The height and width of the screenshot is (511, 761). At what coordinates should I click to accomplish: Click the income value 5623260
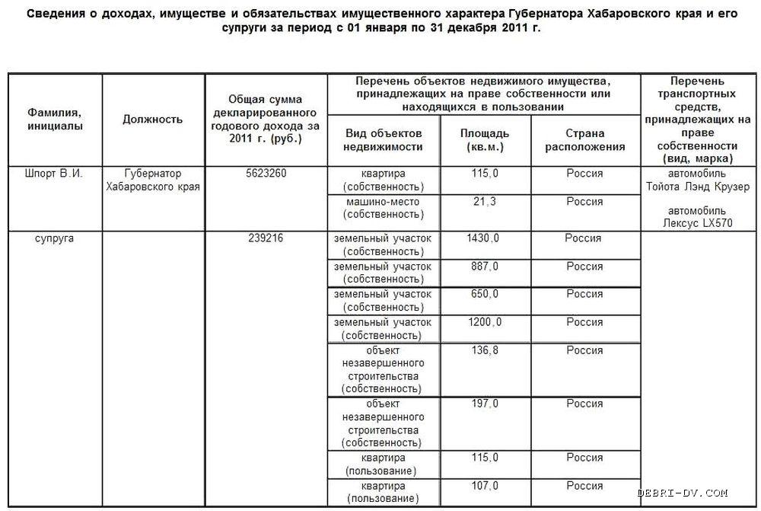click(266, 174)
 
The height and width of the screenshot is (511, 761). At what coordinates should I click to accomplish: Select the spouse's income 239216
click(266, 238)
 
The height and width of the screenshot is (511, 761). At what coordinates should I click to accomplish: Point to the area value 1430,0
click(483, 238)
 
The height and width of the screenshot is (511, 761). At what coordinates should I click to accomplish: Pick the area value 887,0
click(484, 267)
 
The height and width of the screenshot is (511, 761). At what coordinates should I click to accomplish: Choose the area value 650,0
click(484, 294)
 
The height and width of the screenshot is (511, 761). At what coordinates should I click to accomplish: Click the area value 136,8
click(484, 350)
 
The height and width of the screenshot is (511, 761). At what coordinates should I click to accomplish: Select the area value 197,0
click(484, 404)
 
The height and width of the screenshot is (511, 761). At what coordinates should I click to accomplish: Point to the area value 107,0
click(484, 486)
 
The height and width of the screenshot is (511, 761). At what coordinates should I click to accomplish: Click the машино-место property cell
click(382, 209)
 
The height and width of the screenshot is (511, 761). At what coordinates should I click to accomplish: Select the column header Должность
click(152, 120)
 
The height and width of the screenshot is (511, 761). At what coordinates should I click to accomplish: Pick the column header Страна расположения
click(585, 140)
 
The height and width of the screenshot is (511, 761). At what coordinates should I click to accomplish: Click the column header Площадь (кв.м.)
click(485, 140)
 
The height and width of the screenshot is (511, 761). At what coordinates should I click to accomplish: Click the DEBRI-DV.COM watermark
click(683, 493)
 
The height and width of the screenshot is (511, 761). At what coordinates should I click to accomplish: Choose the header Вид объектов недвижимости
click(382, 140)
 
